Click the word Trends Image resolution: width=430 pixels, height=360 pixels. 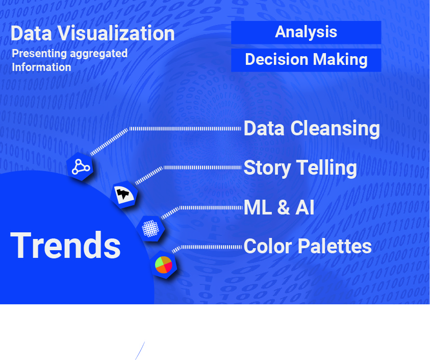[65, 245]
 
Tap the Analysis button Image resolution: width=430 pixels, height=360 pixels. [306, 32]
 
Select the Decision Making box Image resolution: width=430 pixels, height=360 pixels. [306, 60]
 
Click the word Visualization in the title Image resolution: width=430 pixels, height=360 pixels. [115, 34]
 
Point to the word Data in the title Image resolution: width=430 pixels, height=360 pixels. [30, 34]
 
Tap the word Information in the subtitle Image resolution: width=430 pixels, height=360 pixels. [41, 67]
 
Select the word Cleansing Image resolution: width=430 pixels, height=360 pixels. [335, 128]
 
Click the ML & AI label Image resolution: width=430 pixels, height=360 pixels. [279, 207]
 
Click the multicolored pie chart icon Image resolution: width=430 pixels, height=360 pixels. [164, 265]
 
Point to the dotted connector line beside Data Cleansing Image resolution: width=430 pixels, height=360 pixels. [184, 129]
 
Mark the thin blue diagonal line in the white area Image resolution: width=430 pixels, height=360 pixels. [140, 351]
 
